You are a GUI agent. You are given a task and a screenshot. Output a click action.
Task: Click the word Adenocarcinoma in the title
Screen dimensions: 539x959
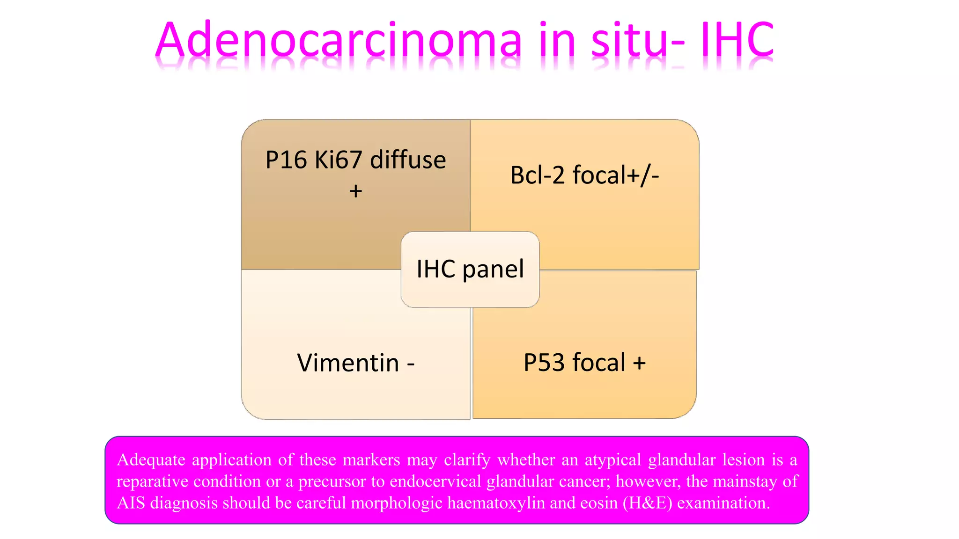338,41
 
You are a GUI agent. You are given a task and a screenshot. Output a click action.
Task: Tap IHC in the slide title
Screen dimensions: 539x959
737,41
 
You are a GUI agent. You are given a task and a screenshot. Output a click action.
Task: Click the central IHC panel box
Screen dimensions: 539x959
470,269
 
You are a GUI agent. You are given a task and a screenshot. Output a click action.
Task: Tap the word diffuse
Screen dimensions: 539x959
408,160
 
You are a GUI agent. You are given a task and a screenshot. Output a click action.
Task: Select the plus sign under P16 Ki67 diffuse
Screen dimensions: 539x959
356,191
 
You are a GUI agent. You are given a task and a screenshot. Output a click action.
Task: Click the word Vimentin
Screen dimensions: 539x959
348,363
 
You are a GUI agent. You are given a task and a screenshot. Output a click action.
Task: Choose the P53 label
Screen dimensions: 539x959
544,363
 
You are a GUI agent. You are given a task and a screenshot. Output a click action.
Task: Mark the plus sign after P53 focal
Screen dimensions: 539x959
639,363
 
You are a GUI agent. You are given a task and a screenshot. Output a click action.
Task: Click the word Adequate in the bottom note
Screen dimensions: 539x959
151,460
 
